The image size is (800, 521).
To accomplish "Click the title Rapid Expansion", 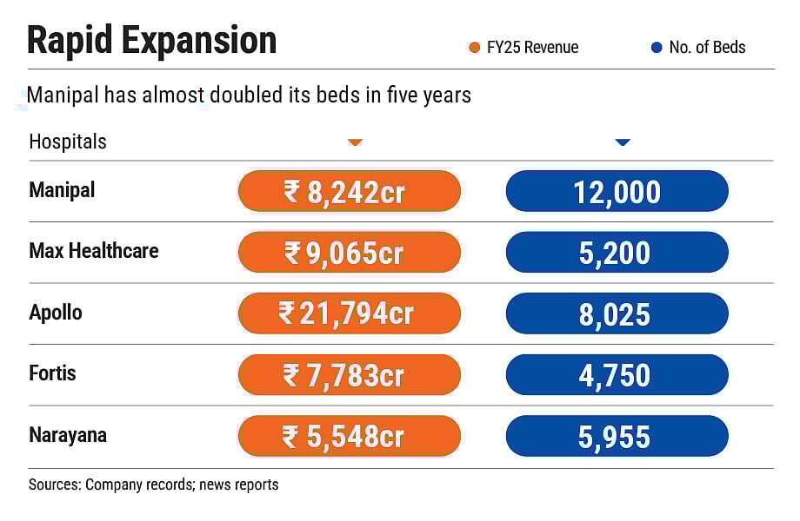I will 151,41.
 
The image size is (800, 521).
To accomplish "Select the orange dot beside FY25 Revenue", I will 474,48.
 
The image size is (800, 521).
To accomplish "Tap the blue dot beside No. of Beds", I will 657,48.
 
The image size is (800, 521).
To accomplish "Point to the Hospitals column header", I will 68,142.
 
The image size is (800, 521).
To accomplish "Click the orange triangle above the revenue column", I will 355,142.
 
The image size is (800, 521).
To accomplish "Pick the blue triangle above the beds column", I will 622,142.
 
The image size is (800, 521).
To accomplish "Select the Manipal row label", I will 62,190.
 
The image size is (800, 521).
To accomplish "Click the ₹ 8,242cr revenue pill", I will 349,191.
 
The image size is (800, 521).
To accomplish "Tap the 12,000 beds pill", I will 617,191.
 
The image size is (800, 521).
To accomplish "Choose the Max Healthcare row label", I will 94,251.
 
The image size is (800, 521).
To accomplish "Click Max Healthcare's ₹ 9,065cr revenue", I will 349,253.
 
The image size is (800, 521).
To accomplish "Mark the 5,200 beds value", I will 617,253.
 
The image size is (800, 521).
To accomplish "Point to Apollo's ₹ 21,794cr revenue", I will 349,313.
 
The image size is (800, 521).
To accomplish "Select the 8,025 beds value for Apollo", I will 617,313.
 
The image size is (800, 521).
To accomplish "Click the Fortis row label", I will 52,373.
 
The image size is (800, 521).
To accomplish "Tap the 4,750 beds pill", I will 617,375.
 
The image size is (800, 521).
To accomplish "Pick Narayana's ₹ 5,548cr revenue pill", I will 349,436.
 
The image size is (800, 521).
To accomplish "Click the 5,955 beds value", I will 617,436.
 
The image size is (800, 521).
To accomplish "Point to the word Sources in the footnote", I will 55,485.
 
